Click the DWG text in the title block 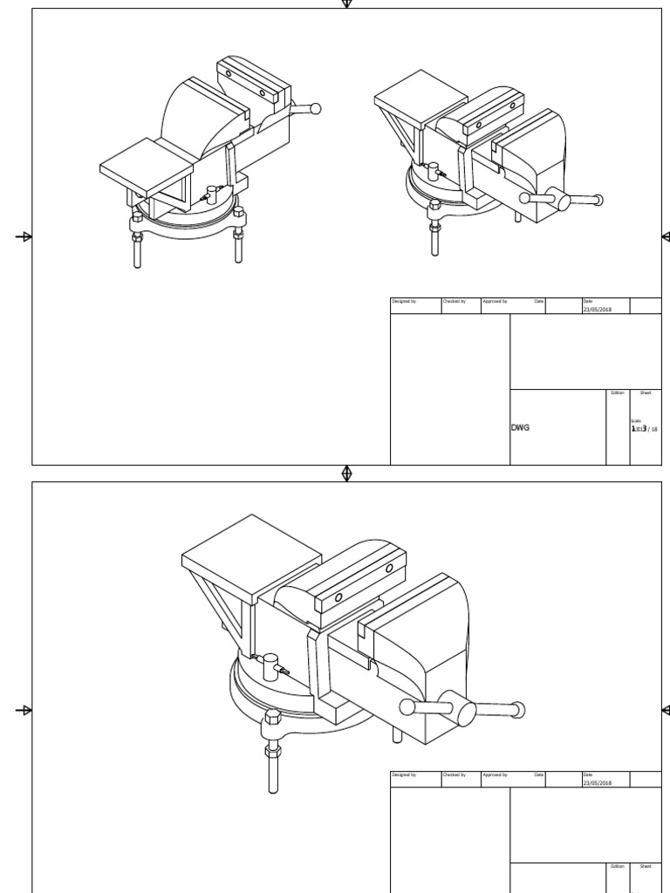pos(520,428)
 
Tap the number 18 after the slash pos(653,429)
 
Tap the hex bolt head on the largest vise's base pos(272,719)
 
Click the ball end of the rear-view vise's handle pos(316,109)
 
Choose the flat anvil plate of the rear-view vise pos(146,166)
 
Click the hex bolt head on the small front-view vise pos(434,207)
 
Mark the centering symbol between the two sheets pos(347,473)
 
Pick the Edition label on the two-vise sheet pos(618,393)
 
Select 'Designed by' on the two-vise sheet pos(404,301)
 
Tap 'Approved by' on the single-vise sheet pos(495,774)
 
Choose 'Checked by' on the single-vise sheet pos(454,774)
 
